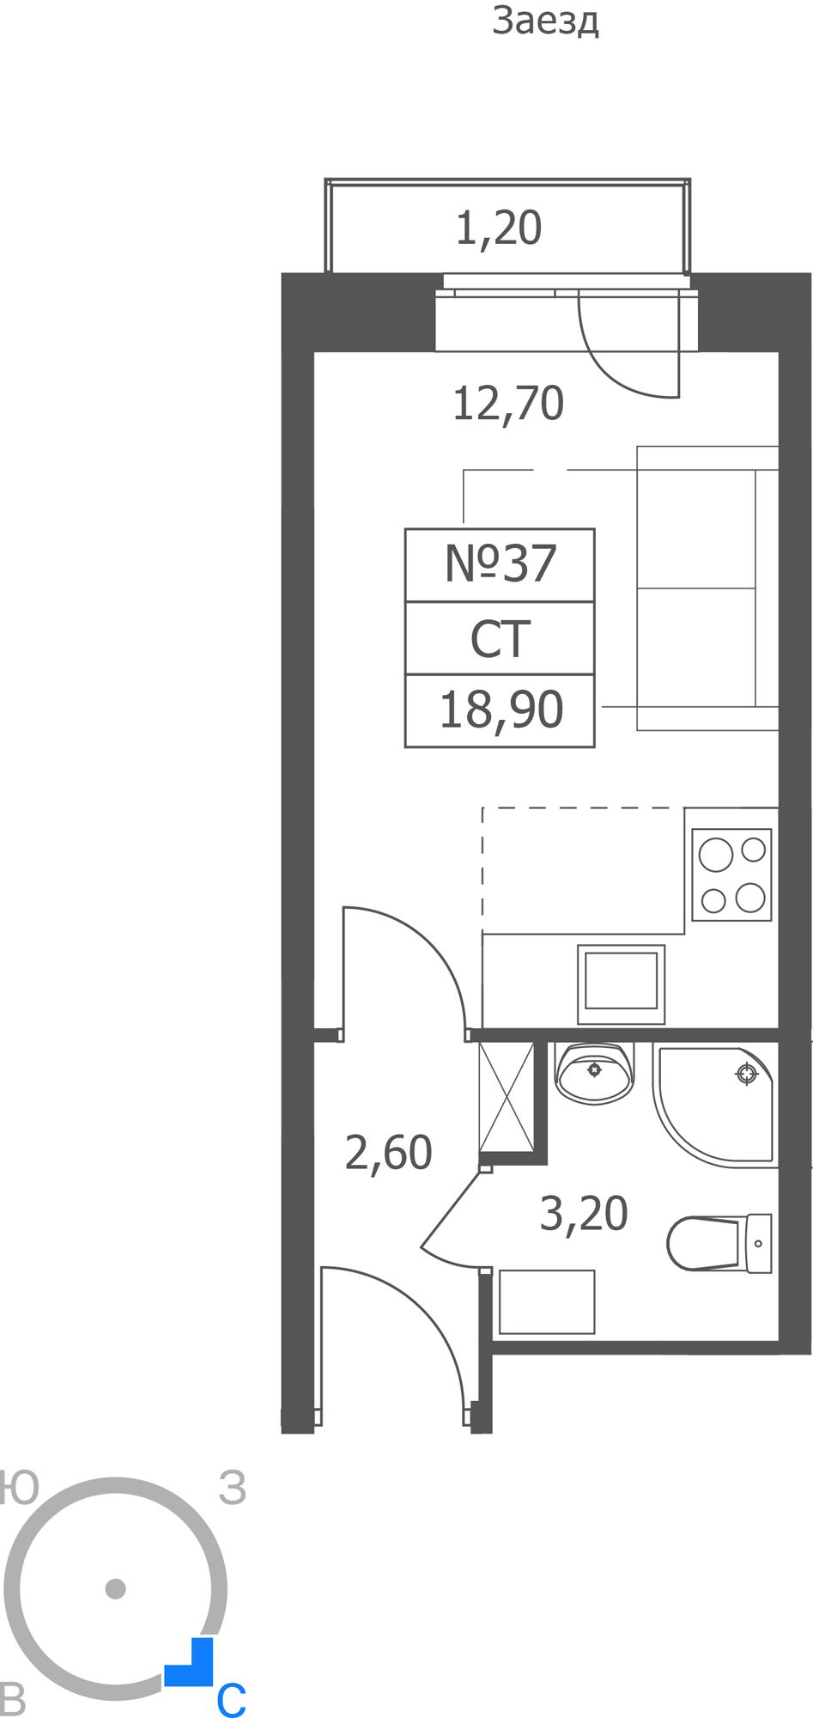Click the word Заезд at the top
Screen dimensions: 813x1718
click(x=545, y=21)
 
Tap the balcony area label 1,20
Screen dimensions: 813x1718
click(x=498, y=228)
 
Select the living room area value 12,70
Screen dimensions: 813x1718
click(x=507, y=403)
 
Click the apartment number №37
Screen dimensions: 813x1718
click(x=501, y=564)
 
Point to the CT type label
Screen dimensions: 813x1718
click(x=500, y=639)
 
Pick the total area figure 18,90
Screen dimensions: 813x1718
click(x=501, y=710)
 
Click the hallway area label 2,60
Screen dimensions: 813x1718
click(x=388, y=1153)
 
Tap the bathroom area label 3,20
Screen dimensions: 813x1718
click(x=584, y=1214)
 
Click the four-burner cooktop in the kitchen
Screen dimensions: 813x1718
click(x=731, y=874)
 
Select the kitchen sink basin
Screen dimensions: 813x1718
click(x=622, y=984)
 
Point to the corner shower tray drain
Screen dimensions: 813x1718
click(x=747, y=1073)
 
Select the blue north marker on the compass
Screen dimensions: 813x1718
click(x=192, y=1663)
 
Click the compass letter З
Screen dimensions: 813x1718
click(x=233, y=1488)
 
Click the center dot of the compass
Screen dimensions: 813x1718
click(x=115, y=1588)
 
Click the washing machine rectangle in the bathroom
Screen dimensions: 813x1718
click(x=547, y=1301)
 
